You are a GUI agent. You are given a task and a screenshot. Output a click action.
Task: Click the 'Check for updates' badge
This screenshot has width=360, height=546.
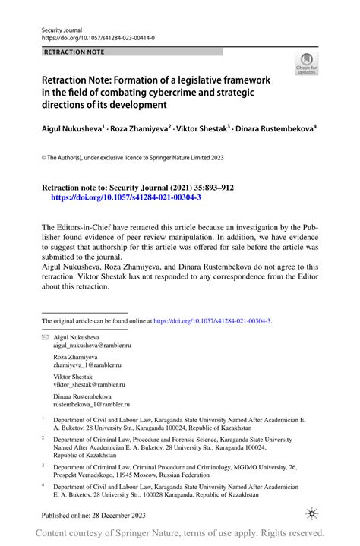tap(307, 65)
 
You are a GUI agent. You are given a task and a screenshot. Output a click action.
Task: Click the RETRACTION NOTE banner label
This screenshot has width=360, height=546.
tap(74, 52)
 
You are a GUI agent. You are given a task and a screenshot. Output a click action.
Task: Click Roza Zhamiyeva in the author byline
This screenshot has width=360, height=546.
tap(140, 129)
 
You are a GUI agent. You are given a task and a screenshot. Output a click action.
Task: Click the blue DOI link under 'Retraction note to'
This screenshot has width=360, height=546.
tap(125, 196)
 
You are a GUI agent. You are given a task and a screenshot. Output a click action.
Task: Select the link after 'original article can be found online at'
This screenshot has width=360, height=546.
tap(212, 321)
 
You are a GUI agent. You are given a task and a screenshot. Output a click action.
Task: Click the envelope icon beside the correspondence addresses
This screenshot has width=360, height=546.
tap(44, 336)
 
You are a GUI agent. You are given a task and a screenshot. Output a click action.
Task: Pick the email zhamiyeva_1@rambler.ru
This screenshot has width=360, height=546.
tap(87, 365)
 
